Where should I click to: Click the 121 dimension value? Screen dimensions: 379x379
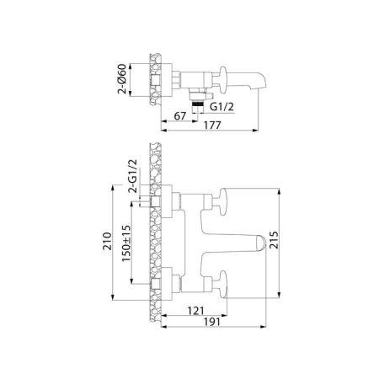click(195, 309)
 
